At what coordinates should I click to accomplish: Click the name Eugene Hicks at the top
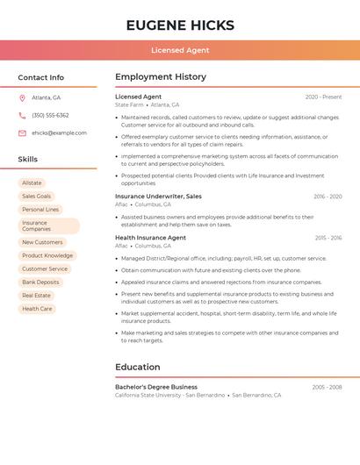180,25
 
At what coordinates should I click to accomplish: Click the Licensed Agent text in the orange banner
180,50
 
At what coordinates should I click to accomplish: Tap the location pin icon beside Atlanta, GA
22,97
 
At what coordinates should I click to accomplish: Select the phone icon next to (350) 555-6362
22,115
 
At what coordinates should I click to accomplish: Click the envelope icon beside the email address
22,132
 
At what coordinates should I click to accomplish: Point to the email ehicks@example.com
59,132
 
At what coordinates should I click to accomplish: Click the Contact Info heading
40,77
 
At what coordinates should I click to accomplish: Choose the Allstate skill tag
32,182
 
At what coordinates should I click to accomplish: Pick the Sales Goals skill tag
37,196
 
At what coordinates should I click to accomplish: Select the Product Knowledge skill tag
47,255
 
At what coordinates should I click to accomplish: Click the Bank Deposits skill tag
41,282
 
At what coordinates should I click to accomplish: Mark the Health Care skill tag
37,309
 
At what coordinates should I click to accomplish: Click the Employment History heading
161,77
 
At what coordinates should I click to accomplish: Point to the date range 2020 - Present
323,97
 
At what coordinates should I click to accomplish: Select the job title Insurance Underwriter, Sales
158,197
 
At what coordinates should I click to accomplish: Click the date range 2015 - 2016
328,238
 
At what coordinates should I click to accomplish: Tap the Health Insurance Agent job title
150,238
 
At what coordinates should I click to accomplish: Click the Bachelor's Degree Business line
156,387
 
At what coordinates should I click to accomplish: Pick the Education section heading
137,367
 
